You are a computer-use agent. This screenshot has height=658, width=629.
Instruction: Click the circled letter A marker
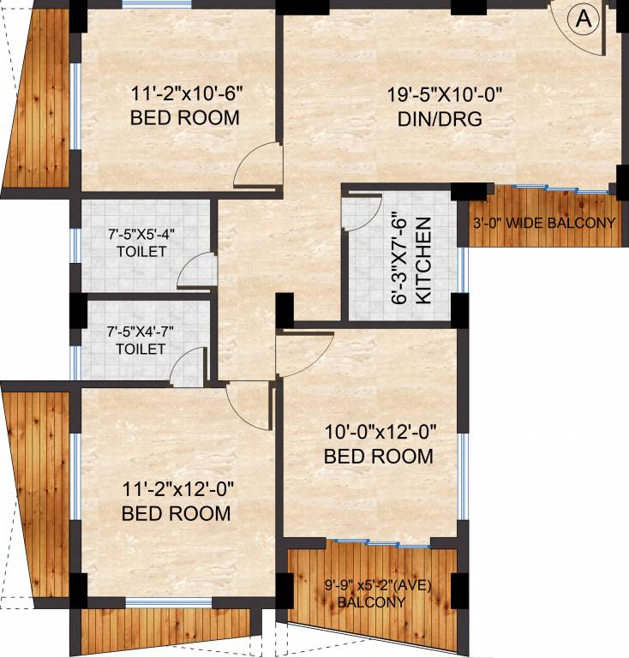coord(584,21)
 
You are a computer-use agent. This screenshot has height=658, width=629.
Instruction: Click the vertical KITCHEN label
coord(422,261)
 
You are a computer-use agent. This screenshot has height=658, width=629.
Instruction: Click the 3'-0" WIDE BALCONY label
coord(544,224)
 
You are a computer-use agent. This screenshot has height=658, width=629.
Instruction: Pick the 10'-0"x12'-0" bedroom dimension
coord(378,433)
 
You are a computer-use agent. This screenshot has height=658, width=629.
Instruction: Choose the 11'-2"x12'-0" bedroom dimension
coord(176,490)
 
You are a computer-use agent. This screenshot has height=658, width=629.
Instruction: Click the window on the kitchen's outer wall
coord(464,269)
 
